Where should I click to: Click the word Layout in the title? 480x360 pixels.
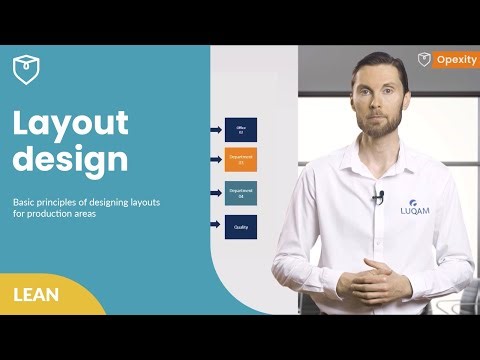pyautogui.click(x=70, y=123)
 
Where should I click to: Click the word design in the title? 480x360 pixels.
pyautogui.click(x=70, y=159)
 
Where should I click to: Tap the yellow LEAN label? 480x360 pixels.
pyautogui.click(x=37, y=294)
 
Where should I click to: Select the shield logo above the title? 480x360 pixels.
pyautogui.click(x=26, y=69)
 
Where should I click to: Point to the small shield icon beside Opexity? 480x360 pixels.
pyautogui.click(x=424, y=60)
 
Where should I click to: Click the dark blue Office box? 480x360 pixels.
pyautogui.click(x=241, y=129)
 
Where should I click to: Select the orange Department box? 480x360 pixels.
pyautogui.click(x=241, y=159)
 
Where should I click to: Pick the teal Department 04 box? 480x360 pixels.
pyautogui.click(x=241, y=193)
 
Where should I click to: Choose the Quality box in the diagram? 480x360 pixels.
pyautogui.click(x=241, y=227)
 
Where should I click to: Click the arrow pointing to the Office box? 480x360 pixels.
pyautogui.click(x=216, y=129)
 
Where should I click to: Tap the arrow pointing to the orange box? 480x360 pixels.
pyautogui.click(x=216, y=159)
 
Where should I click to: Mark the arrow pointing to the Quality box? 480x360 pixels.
pyautogui.click(x=216, y=226)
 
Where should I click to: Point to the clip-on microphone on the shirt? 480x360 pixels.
pyautogui.click(x=378, y=196)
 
